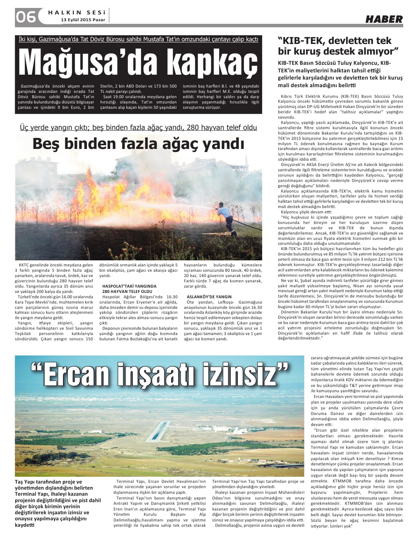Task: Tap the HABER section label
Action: (384, 19)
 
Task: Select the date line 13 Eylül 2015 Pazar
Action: (83, 20)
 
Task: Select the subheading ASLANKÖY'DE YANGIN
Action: (209, 297)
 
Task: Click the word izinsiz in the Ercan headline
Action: (243, 374)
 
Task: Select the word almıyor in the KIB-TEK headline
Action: (374, 51)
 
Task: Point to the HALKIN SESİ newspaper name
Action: (76, 12)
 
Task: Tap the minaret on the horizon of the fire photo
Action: (246, 161)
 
